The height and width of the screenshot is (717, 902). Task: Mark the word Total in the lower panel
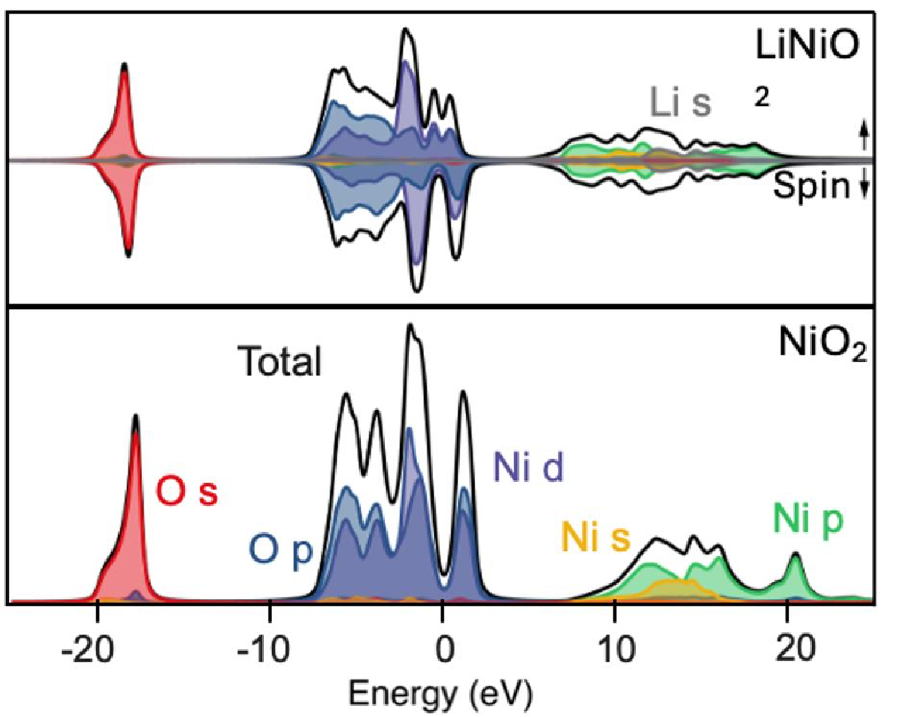[280, 363]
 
